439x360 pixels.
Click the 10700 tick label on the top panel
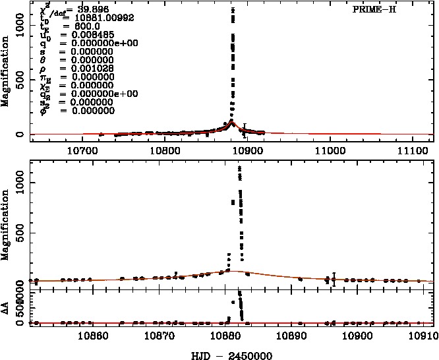(82, 150)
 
